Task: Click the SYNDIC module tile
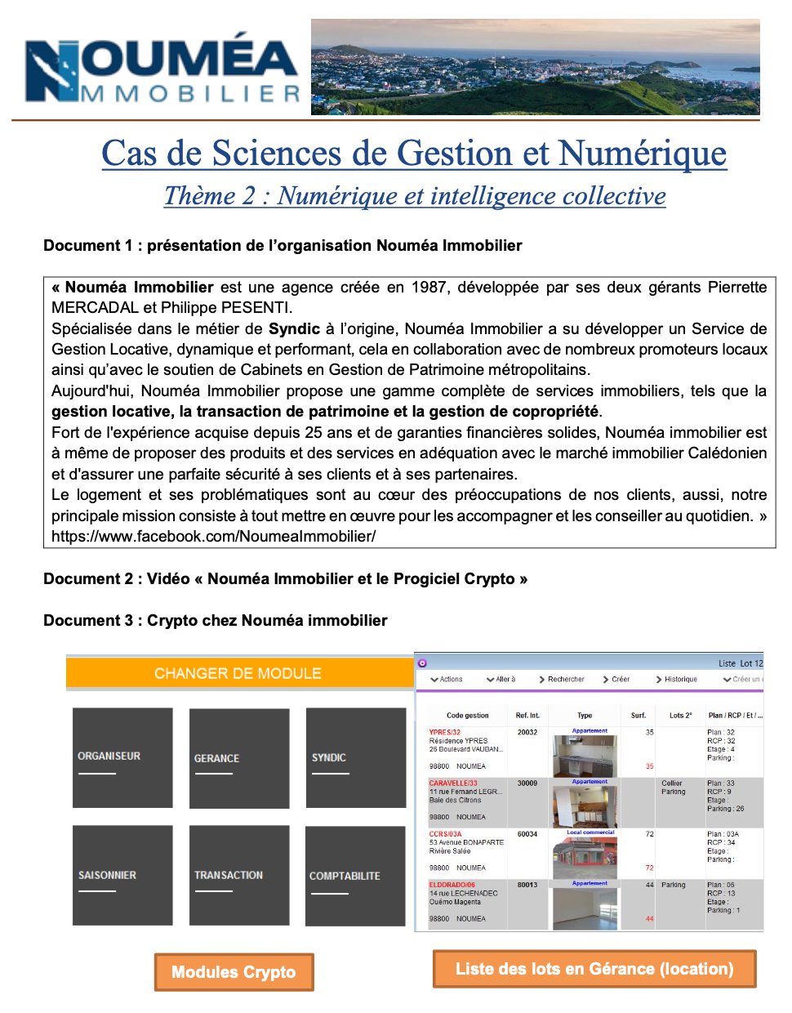pos(356,757)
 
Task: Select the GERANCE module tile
pos(239,758)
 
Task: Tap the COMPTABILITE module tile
pos(355,876)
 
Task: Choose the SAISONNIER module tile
pos(122,875)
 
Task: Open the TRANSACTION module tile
pos(239,875)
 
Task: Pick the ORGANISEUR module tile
pos(122,756)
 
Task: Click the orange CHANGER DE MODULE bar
pos(238,673)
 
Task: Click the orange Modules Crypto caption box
pos(234,972)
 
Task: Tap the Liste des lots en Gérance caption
pos(594,969)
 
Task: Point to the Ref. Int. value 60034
pos(527,834)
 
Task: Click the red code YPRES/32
pos(445,732)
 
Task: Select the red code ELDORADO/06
pos(452,885)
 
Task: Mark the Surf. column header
pos(638,715)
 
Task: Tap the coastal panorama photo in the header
pos(535,67)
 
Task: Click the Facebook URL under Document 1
pos(214,537)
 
